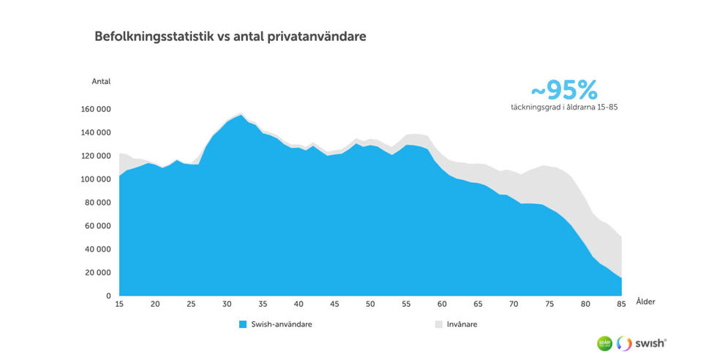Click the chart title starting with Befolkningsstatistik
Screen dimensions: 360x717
(x=230, y=36)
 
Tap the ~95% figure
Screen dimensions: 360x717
(x=563, y=90)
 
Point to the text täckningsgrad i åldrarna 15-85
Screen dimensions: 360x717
(x=565, y=108)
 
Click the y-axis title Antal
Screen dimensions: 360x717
(x=101, y=81)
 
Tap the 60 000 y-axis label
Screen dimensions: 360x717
(x=97, y=226)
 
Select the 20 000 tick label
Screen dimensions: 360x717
(x=97, y=273)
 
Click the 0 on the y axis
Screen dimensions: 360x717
(x=108, y=296)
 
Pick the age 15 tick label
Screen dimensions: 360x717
(x=119, y=304)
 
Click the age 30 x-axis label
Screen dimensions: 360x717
(x=227, y=304)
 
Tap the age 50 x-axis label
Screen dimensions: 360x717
(x=370, y=304)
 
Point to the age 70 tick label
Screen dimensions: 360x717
(x=514, y=304)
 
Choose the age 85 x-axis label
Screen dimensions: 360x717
(x=621, y=304)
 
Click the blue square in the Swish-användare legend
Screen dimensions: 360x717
(x=243, y=323)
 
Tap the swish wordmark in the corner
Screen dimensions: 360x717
(x=651, y=342)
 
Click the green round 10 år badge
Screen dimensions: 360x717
(x=604, y=342)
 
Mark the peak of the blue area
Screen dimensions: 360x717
(x=241, y=115)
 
